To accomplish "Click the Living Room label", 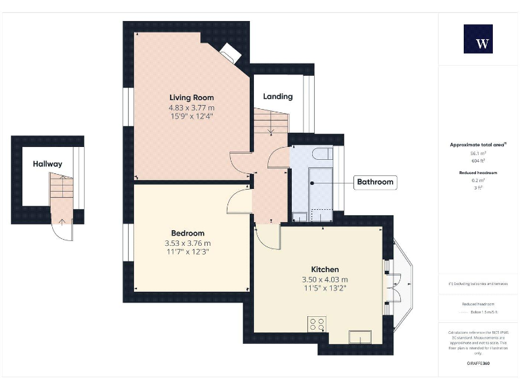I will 192,97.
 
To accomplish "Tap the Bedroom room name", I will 188,233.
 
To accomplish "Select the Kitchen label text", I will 325,269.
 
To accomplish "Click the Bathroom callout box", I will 375,182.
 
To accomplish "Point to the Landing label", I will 278,96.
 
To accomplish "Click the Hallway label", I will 47,164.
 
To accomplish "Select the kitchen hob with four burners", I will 316,324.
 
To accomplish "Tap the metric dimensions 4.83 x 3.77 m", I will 192,108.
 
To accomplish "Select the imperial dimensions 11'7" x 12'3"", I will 188,252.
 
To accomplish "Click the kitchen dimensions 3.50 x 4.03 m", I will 325,279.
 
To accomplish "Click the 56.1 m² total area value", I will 478,154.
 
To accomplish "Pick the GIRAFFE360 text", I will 478,364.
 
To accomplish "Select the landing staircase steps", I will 270,122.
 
